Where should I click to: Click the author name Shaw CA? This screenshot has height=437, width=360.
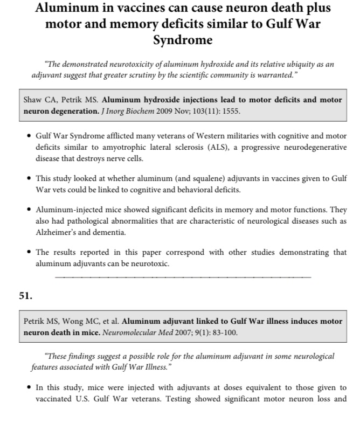tap(40, 100)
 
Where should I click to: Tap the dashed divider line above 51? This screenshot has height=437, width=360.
tap(183, 277)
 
